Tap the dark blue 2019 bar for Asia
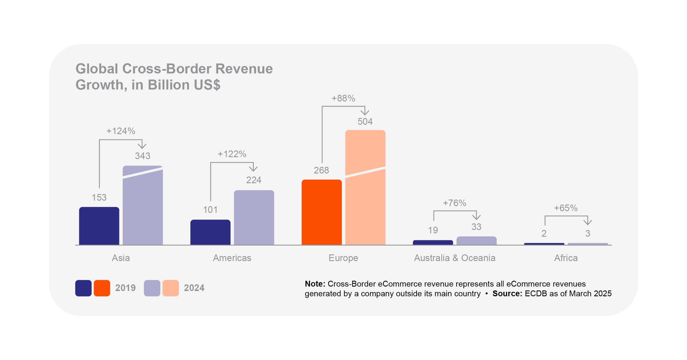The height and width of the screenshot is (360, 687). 99,226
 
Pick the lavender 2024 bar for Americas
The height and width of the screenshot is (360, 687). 254,218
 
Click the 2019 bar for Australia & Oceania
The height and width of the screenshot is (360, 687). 433,242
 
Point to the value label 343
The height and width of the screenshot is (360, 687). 142,156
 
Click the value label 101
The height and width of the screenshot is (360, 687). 210,210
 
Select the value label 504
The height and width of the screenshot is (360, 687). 365,121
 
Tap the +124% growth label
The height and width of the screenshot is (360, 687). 121,131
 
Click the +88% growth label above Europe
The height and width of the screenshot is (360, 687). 343,98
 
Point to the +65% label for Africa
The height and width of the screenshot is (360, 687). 566,208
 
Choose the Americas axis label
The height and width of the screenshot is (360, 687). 232,258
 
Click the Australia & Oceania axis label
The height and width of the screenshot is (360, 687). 455,258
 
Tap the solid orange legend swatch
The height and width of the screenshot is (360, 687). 102,288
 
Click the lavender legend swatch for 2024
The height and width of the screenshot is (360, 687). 152,288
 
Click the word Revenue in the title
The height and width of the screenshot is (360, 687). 244,69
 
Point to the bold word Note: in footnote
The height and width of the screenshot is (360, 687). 315,284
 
